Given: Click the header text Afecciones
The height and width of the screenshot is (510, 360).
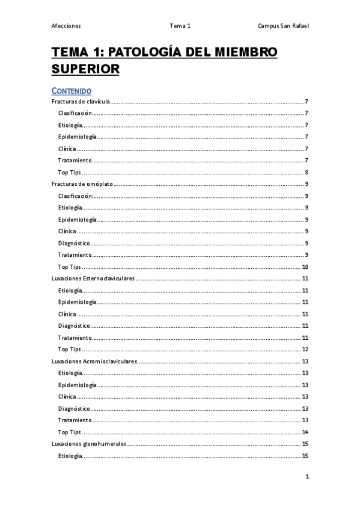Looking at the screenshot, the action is coord(66,26).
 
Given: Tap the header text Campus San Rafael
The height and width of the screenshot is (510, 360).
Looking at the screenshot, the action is coord(283,26).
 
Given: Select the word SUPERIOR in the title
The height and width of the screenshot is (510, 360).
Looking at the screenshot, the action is coord(85,69).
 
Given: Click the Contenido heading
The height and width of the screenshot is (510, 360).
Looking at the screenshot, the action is coord(71,91).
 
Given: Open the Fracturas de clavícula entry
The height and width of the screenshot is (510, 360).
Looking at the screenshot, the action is coord(81,102).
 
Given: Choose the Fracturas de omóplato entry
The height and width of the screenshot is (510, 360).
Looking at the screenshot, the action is coord(82,184).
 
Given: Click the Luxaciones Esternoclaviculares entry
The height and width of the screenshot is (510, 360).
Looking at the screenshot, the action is coord(93,278).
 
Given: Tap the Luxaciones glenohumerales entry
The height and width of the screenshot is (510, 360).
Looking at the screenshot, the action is coord(89,444).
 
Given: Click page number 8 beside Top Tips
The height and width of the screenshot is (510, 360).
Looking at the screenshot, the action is coord(307,173).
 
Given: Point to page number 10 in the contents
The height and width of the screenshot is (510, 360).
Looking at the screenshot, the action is coord(305,267).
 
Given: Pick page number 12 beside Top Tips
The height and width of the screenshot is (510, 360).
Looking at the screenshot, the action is coord(305,349).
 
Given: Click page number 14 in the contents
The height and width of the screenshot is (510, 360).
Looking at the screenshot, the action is coord(305,432).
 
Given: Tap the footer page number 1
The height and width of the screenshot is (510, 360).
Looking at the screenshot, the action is coord(307,477).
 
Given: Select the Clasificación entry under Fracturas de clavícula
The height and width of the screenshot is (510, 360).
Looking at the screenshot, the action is coord(75,113).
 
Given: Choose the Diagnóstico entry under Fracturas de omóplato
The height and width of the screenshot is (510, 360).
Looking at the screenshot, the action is coord(74,243).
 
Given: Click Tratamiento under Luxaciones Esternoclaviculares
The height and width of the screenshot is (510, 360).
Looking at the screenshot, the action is coord(75,337).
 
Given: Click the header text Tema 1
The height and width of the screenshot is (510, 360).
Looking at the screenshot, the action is coord(180,26).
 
